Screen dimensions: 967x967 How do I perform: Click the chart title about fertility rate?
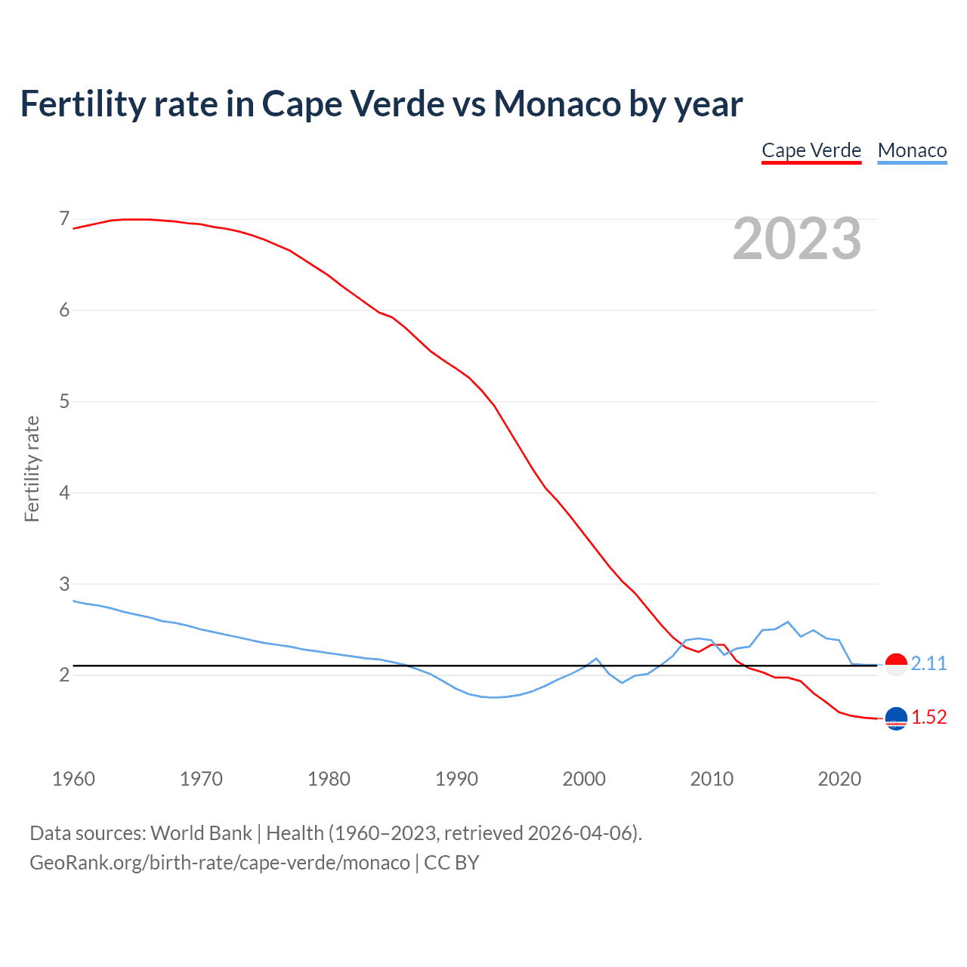[382, 104]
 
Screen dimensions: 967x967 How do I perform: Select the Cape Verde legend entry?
[811, 150]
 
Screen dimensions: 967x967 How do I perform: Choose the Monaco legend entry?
[912, 150]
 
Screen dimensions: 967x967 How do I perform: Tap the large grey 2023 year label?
[797, 239]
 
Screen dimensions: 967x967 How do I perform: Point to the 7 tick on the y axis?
[64, 219]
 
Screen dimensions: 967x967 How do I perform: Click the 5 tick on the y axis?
[64, 401]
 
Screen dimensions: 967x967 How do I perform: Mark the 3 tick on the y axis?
[64, 584]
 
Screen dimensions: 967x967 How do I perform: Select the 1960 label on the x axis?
[73, 779]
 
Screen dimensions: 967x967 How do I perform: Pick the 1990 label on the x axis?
[456, 779]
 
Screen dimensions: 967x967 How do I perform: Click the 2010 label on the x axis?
[712, 779]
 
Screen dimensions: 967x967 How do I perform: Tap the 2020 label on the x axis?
[839, 779]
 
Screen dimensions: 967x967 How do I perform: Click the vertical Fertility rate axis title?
[32, 468]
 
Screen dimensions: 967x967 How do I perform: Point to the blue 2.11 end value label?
[928, 663]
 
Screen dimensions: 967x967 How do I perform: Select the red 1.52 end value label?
[928, 717]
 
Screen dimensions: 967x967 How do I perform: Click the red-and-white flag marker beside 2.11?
[896, 664]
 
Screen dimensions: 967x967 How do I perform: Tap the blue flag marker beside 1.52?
[896, 718]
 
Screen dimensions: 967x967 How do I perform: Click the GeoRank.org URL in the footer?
[219, 863]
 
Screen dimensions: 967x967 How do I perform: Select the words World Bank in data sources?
[201, 833]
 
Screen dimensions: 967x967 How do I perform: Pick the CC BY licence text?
[452, 863]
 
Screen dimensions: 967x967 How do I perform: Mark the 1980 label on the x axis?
[329, 779]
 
